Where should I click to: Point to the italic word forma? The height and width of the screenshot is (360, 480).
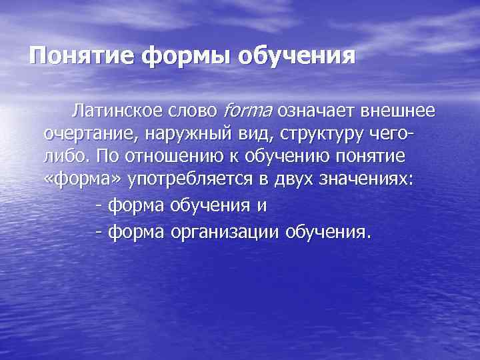pyautogui.click(x=249, y=109)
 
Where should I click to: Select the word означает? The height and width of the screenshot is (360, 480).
pyautogui.click(x=319, y=109)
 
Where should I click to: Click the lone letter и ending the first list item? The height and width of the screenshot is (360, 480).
pyautogui.click(x=262, y=206)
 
